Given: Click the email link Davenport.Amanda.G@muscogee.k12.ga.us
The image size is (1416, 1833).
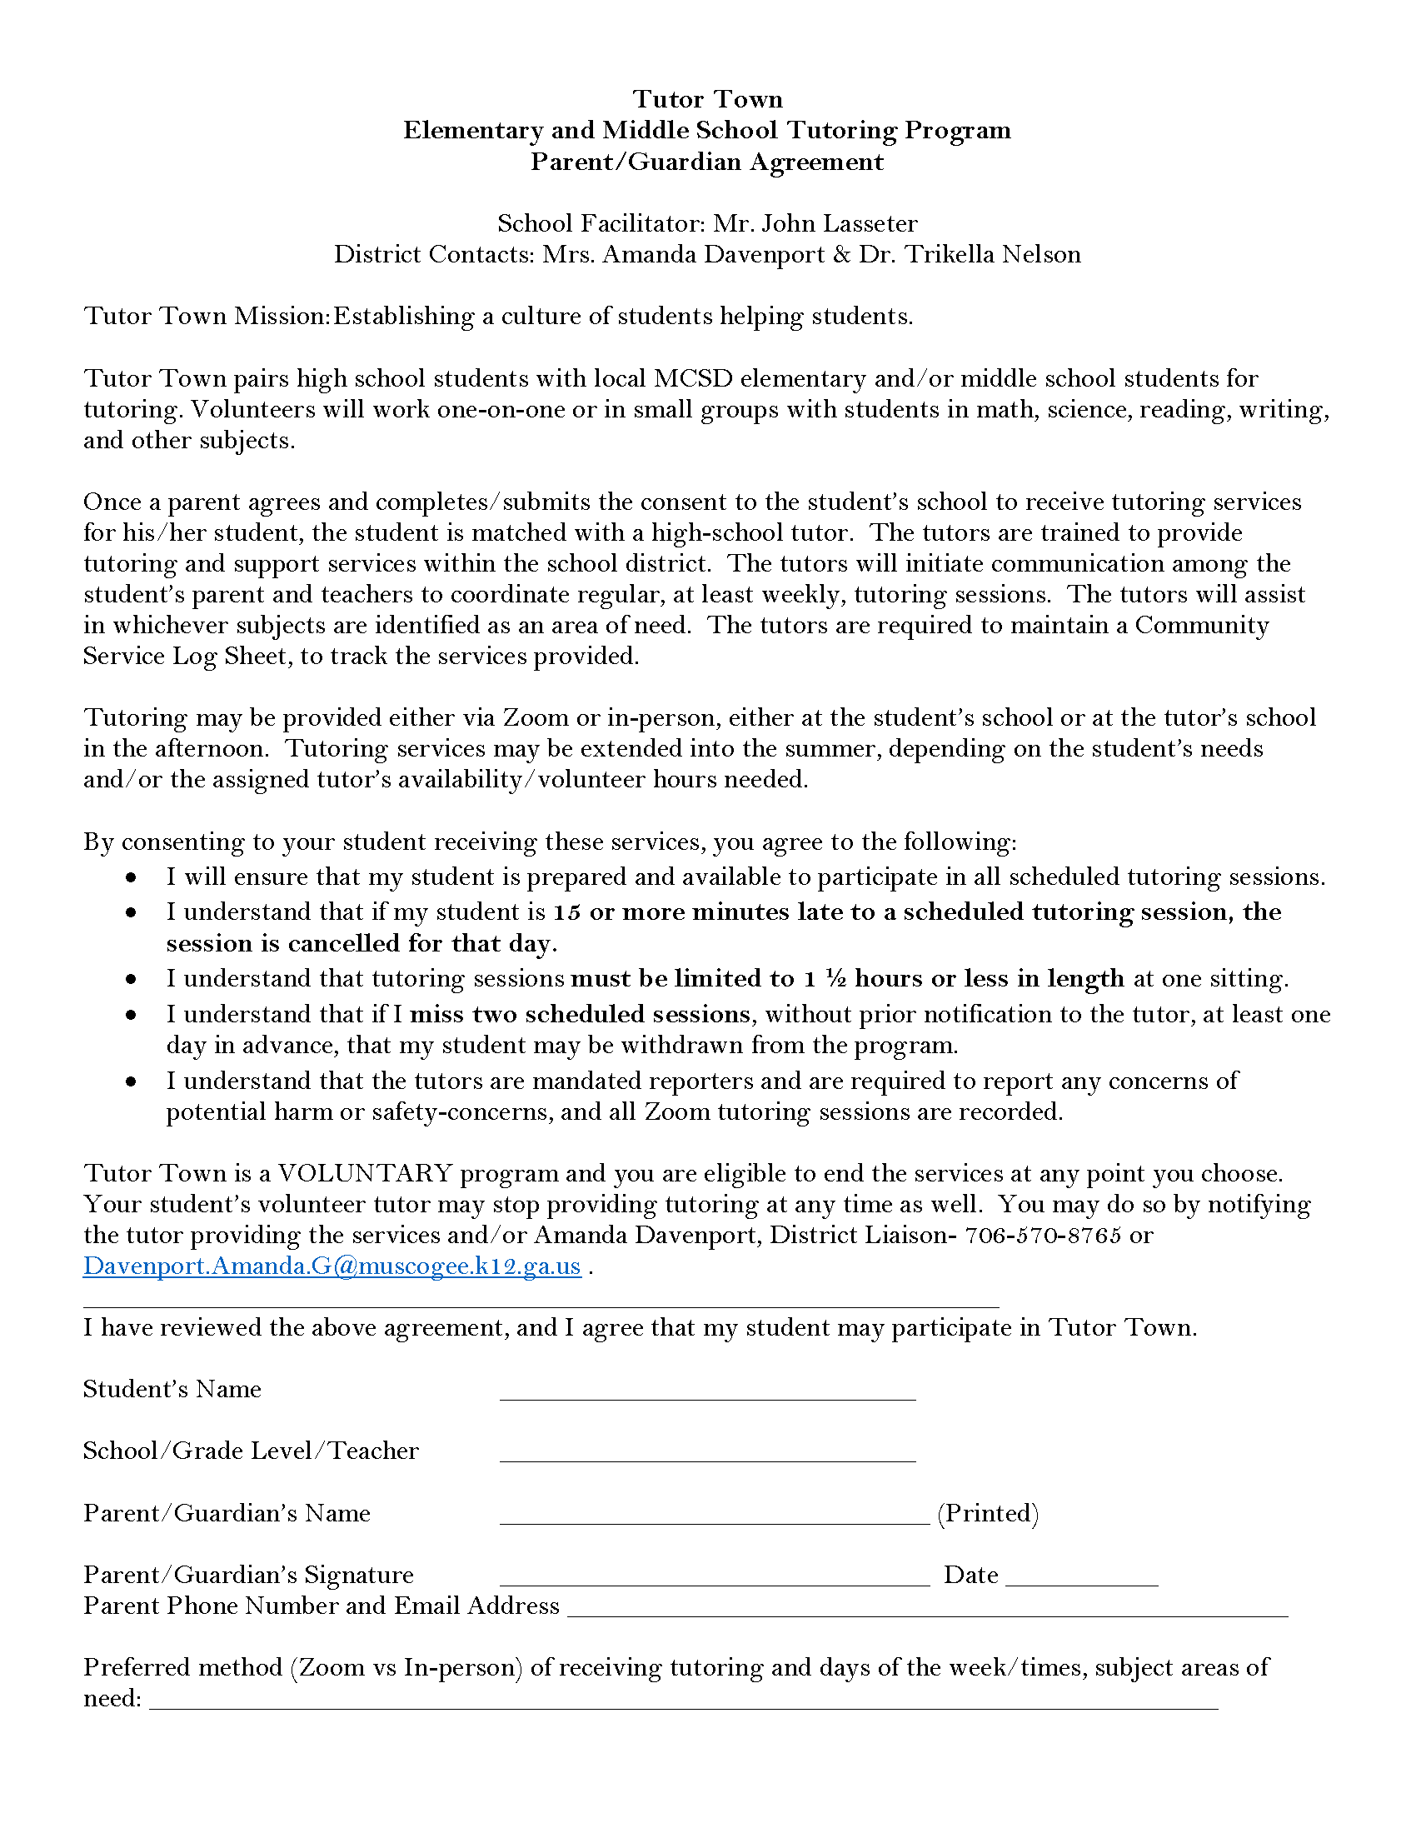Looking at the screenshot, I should tap(332, 1266).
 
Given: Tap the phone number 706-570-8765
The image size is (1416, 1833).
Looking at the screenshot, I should tap(1043, 1236).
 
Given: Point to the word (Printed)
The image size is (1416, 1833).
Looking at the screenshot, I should tap(987, 1513).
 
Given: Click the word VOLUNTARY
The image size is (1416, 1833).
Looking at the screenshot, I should tap(365, 1173).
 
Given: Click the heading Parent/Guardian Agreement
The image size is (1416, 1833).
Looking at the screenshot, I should tap(707, 161).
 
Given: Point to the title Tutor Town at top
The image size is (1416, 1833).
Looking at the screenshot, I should tap(707, 99).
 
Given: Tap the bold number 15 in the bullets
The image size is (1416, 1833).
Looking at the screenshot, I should tap(566, 912).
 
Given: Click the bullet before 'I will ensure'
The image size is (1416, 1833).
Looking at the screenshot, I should tap(131, 877).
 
